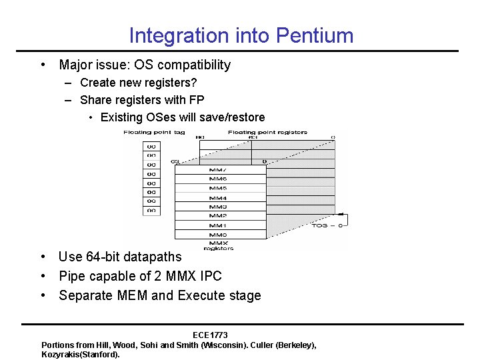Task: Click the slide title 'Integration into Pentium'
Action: pos(241,35)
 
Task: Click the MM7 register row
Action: pos(219,170)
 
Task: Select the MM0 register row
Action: pos(219,235)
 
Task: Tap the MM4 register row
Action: pos(219,198)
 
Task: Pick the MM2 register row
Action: pos(219,216)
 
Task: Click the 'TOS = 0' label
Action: pos(327,226)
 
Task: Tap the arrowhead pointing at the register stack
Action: pos(339,215)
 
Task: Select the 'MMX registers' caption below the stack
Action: pos(219,246)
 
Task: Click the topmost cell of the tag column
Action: pos(151,146)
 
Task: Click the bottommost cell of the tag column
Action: pos(151,211)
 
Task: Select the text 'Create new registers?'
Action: pos(138,83)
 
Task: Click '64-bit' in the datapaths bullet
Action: pos(102,257)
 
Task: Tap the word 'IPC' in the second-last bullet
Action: pos(211,276)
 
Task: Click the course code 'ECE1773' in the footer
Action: pos(210,335)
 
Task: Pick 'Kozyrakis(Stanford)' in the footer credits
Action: pos(80,354)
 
